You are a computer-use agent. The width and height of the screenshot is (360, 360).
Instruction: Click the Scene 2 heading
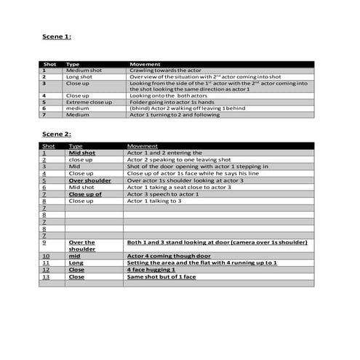[56, 135]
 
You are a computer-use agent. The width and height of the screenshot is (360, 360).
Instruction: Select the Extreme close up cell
[89, 102]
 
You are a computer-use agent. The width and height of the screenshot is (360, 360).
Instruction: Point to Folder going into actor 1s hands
[170, 102]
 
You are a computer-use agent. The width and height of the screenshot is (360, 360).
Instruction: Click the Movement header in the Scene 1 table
[144, 64]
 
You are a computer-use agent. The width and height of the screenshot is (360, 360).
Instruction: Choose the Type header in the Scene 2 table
[76, 146]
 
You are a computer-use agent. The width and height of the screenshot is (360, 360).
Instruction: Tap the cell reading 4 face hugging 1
[156, 270]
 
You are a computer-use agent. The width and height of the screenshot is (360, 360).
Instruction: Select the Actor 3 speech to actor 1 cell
[164, 194]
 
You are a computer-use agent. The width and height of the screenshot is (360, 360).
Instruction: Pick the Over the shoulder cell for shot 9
[81, 246]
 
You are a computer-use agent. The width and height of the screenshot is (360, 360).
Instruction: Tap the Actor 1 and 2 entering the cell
[159, 153]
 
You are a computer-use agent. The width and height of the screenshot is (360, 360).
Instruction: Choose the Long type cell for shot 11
[76, 263]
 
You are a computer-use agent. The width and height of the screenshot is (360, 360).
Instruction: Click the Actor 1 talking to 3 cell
[154, 201]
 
